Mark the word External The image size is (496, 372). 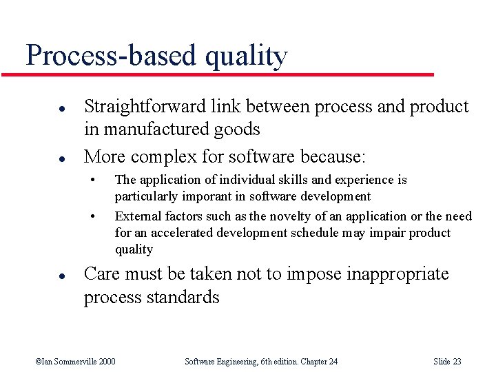click(x=136, y=216)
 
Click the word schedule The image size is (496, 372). click(x=312, y=233)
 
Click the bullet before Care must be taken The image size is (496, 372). click(x=42, y=275)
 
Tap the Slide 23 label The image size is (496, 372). click(x=447, y=361)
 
